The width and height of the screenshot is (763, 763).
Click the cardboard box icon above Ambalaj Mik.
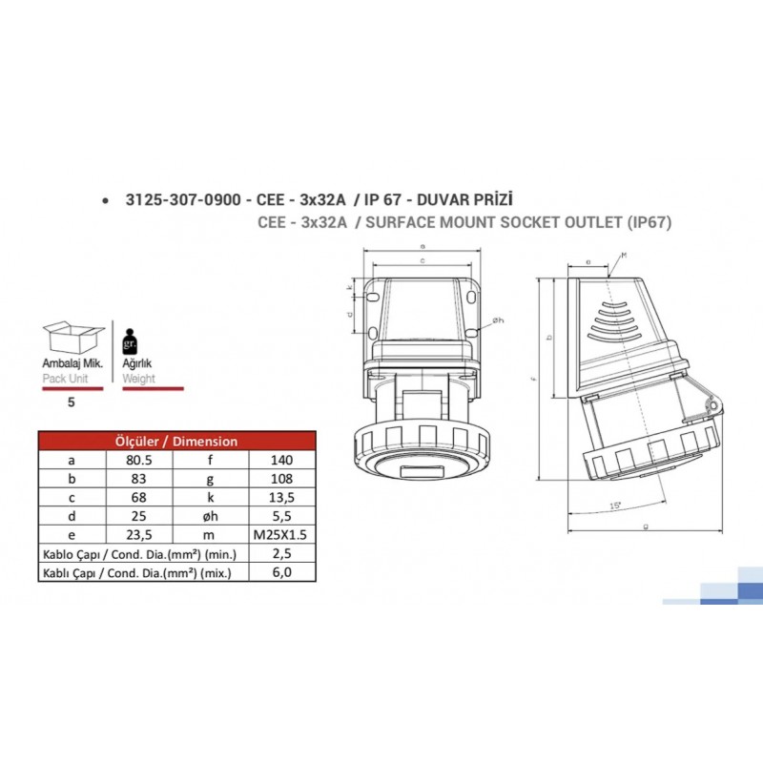click(74, 340)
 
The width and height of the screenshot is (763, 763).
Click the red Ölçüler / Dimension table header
click(176, 441)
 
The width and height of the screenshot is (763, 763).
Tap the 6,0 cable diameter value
click(281, 572)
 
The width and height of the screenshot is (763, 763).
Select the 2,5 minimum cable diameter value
click(281, 553)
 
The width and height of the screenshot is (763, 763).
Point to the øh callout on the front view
click(498, 320)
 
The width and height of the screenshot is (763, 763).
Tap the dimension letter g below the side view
click(646, 526)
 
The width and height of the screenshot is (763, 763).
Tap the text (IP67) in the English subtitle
click(649, 223)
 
